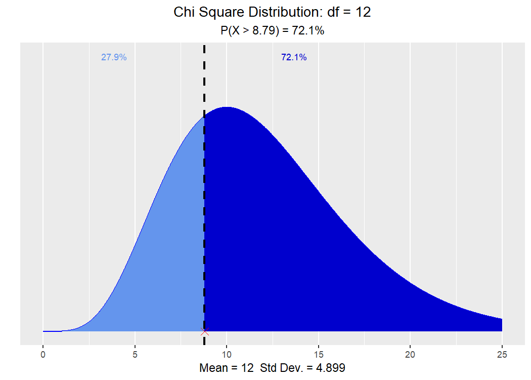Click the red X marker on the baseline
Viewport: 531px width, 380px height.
click(x=204, y=331)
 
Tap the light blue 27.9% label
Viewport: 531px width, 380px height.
click(x=114, y=57)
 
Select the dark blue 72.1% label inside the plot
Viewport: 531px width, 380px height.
click(x=294, y=57)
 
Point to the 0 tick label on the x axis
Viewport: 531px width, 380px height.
click(x=43, y=355)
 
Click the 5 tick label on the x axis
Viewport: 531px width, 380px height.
click(x=135, y=355)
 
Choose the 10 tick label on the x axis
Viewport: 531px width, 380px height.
click(x=227, y=355)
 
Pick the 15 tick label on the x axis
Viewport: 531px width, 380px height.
click(x=319, y=355)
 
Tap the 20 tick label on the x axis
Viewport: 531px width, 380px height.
click(x=410, y=355)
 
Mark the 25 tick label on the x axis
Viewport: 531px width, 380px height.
click(x=502, y=355)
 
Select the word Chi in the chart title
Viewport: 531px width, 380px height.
click(x=185, y=12)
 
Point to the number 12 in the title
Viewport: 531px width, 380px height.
click(x=363, y=12)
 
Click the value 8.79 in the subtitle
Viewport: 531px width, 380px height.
click(x=264, y=30)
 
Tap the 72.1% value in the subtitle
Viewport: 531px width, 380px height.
click(x=308, y=30)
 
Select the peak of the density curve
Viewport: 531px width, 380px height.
click(x=227, y=107)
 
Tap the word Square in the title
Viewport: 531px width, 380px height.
click(x=222, y=13)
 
